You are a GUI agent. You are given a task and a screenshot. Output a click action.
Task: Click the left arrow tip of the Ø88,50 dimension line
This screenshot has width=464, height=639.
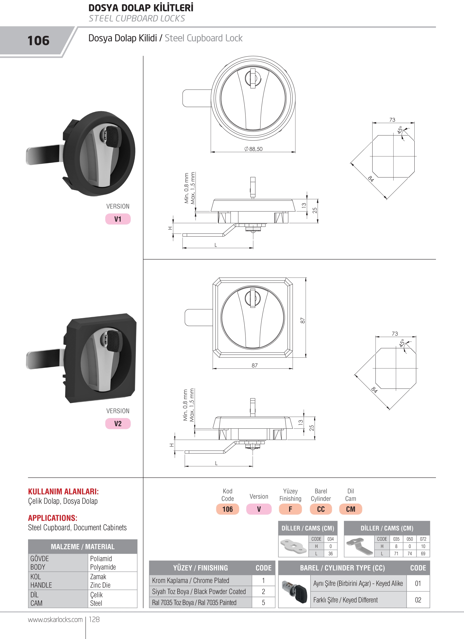click(x=211, y=152)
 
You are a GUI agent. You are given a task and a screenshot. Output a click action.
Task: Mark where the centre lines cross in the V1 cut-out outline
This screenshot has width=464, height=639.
click(x=394, y=156)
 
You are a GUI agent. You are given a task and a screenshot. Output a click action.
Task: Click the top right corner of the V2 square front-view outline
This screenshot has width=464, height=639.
click(x=293, y=278)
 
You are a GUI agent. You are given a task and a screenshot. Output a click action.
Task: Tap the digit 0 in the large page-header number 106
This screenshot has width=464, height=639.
click(x=38, y=41)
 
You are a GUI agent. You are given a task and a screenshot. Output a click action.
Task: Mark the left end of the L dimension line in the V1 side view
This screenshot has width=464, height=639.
click(x=183, y=248)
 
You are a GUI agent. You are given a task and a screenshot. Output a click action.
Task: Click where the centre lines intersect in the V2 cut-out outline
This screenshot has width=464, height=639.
click(x=396, y=368)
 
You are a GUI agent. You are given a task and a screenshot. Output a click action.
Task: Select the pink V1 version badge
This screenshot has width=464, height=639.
click(x=118, y=219)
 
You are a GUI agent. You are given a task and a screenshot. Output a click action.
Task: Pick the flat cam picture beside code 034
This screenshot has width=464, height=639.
click(x=293, y=546)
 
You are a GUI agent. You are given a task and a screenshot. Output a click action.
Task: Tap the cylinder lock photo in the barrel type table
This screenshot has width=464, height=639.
click(x=295, y=592)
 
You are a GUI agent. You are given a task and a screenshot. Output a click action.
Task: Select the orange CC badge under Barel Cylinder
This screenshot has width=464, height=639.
click(x=321, y=509)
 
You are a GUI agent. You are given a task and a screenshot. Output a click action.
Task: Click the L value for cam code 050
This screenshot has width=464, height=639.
click(x=410, y=553)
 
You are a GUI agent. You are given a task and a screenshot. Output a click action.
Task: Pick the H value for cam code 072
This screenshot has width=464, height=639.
click(x=423, y=546)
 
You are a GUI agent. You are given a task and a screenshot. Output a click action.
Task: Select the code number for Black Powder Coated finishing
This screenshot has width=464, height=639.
click(x=263, y=591)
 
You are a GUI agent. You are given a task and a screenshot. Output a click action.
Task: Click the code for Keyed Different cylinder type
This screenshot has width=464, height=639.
click(x=418, y=600)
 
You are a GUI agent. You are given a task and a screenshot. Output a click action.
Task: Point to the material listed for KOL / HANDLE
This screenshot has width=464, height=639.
click(x=100, y=581)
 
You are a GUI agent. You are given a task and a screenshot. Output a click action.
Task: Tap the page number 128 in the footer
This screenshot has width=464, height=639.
click(x=94, y=619)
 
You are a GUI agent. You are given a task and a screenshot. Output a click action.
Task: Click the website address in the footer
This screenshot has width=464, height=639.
click(x=55, y=620)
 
